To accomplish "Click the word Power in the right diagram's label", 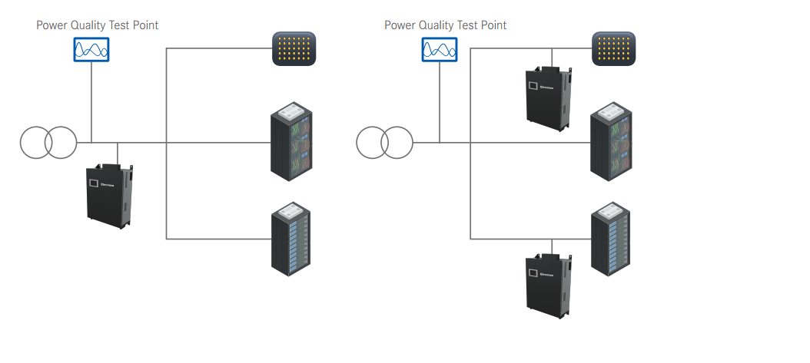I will pos(399,25).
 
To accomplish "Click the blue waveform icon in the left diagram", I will pos(91,51).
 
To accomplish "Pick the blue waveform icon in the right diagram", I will pos(440,51).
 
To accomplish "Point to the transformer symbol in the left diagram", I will pos(48,142).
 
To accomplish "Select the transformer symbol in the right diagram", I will pos(384,142).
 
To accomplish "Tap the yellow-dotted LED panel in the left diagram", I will pos(294,49).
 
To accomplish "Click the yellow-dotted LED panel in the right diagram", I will pos(613,49).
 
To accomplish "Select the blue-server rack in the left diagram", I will pos(292,239).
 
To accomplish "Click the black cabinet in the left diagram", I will pos(111,196).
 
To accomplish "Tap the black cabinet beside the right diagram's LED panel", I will pos(549,97).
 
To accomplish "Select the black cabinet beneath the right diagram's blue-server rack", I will pos(549,285).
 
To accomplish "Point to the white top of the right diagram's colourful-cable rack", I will pos(612,111).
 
